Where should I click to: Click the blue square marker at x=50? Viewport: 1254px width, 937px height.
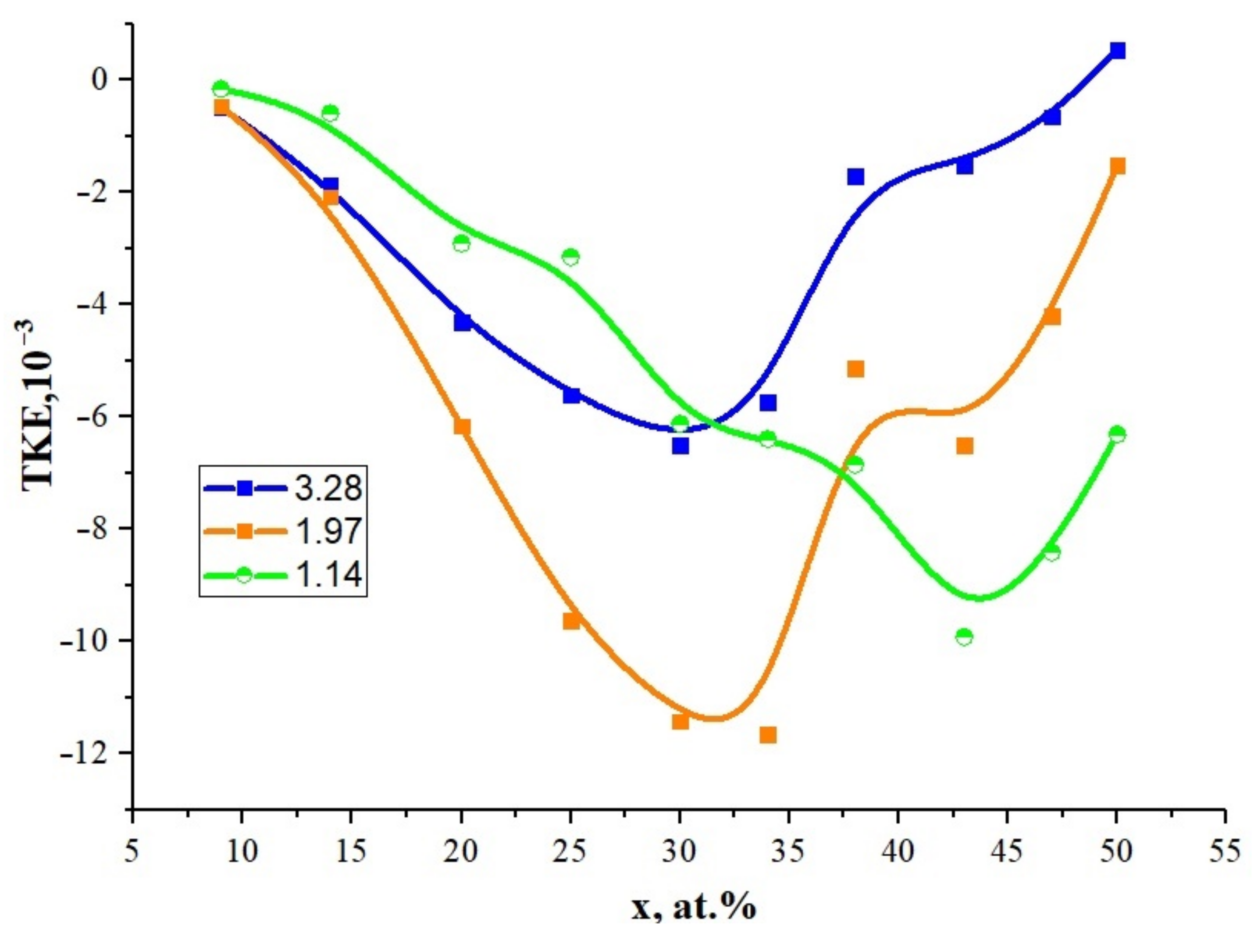pyautogui.click(x=1117, y=51)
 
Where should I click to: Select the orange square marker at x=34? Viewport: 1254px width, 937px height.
pyautogui.click(x=768, y=735)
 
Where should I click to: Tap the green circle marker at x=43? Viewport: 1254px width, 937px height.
pyautogui.click(x=964, y=637)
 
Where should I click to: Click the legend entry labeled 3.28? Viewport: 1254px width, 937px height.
pyautogui.click(x=328, y=488)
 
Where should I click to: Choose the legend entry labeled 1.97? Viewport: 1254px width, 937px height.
pyautogui.click(x=328, y=532)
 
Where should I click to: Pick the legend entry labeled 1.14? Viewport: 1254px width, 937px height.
pyautogui.click(x=328, y=575)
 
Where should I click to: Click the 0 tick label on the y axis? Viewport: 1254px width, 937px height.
pyautogui.click(x=100, y=79)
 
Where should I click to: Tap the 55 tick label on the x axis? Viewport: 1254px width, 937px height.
pyautogui.click(x=1225, y=852)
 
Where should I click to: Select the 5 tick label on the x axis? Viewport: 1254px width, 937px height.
pyautogui.click(x=132, y=852)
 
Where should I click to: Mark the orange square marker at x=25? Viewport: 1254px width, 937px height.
pyautogui.click(x=571, y=621)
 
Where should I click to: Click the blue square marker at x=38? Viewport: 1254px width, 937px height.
pyautogui.click(x=855, y=177)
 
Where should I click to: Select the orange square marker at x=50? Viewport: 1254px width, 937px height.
pyautogui.click(x=1117, y=166)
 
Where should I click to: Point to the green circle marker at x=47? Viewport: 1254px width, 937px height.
pyautogui.click(x=1051, y=552)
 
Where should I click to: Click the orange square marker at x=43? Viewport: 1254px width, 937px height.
pyautogui.click(x=964, y=446)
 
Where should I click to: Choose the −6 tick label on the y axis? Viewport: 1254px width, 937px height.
pyautogui.click(x=93, y=416)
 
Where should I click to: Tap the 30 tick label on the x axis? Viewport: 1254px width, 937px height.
pyautogui.click(x=680, y=852)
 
